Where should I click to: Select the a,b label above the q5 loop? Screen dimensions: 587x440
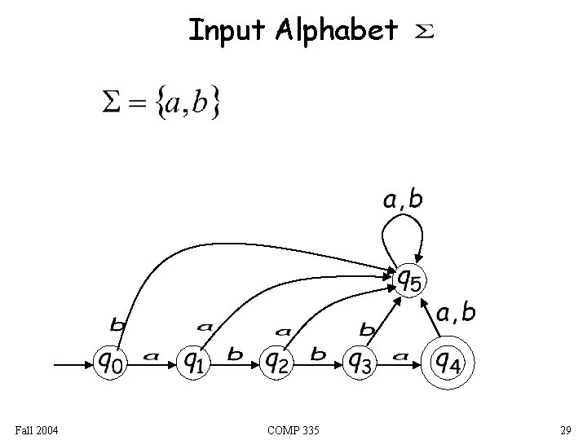point(403,200)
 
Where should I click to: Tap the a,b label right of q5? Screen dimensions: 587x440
point(456,312)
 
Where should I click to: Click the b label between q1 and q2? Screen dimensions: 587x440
point(235,354)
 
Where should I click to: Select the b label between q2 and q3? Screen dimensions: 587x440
point(319,354)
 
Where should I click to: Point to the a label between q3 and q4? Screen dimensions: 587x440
point(399,356)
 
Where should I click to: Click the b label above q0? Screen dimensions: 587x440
point(117,325)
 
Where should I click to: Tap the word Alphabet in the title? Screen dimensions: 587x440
point(336,31)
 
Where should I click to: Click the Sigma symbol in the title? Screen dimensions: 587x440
point(426,32)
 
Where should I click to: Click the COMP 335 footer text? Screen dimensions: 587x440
point(293,429)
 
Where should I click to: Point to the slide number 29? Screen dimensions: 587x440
point(564,429)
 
